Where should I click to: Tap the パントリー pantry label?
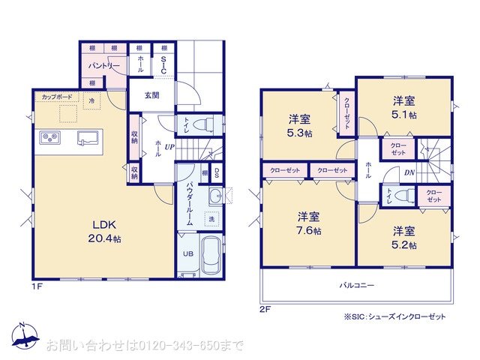[105, 66]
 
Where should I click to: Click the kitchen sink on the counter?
[86, 137]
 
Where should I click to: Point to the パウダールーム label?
[190, 205]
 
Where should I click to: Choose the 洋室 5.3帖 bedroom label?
[301, 126]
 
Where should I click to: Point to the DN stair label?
[409, 172]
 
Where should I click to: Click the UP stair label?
[170, 147]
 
